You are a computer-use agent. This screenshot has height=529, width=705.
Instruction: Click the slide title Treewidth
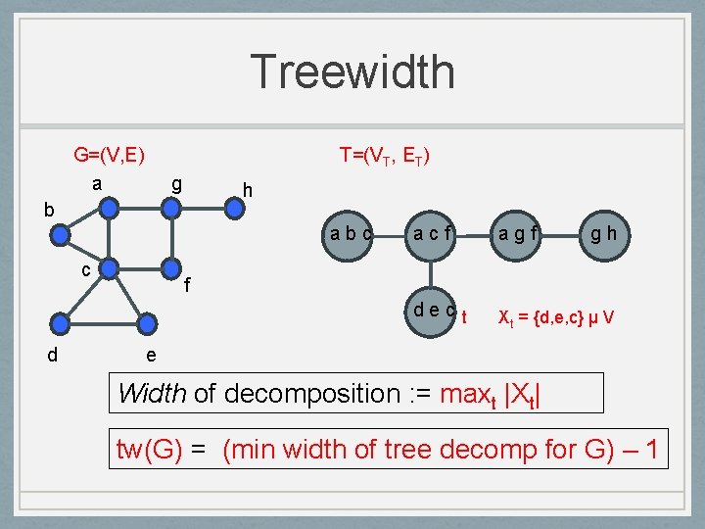click(x=352, y=72)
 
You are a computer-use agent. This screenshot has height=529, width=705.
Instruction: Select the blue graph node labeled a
click(x=111, y=207)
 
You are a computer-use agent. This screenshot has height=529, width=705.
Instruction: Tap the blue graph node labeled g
click(x=171, y=207)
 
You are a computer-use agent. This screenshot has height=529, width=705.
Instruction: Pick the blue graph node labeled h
click(x=234, y=207)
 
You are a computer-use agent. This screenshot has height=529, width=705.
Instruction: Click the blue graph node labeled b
click(x=62, y=235)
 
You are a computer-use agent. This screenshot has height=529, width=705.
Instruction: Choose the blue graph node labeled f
click(x=171, y=267)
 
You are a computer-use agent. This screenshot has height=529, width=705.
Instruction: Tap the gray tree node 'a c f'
click(x=432, y=236)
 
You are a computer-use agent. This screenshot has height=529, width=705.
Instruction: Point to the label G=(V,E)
click(x=110, y=155)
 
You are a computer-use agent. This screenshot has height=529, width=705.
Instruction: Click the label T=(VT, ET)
click(x=384, y=155)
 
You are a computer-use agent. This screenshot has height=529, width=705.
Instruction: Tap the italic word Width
click(x=153, y=394)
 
